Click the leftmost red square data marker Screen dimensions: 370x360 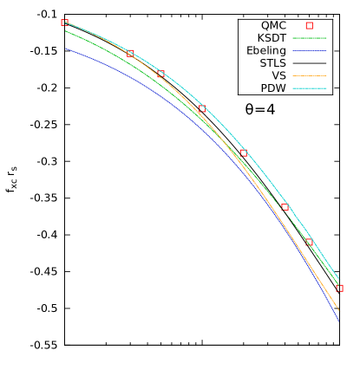pos(64,23)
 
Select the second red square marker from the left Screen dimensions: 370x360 pos(130,54)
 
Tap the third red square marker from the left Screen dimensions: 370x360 pos(161,75)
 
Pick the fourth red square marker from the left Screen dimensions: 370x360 pos(201,109)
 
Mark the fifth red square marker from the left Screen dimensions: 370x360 pos(243,153)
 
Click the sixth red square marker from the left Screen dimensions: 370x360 pos(285,207)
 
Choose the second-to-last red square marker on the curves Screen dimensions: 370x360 pos(310,243)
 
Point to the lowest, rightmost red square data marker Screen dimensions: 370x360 pos(339,288)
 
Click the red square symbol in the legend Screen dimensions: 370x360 pos(309,26)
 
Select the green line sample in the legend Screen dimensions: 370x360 pos(309,38)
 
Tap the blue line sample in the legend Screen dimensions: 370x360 pos(309,50)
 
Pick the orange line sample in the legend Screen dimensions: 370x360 pos(309,76)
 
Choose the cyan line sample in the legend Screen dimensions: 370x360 pos(309,88)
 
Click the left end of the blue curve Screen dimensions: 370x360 pos(65,48)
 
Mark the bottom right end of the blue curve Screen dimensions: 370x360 pos(339,321)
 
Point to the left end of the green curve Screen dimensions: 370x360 pos(65,31)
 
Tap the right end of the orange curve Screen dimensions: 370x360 pos(340,311)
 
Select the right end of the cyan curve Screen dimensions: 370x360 pos(340,280)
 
